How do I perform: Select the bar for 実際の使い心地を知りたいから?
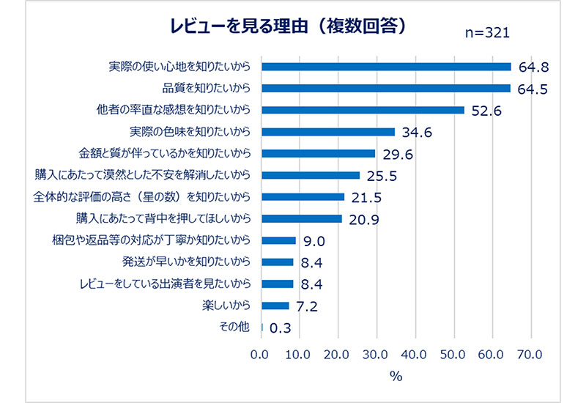click(x=386, y=67)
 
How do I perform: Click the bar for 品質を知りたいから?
click(x=386, y=89)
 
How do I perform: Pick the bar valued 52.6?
click(x=363, y=110)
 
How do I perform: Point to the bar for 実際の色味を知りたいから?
click(x=328, y=132)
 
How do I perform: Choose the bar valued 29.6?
click(x=319, y=154)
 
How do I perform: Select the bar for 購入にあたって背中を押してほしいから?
click(x=302, y=218)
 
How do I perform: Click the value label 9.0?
click(x=313, y=241)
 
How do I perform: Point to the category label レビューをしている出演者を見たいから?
click(x=168, y=284)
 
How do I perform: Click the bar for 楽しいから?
click(x=275, y=306)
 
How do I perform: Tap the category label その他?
click(x=234, y=327)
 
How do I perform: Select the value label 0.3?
click(x=281, y=328)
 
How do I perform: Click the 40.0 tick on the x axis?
click(x=415, y=355)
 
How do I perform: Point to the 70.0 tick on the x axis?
click(x=530, y=355)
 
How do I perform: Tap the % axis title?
click(x=396, y=377)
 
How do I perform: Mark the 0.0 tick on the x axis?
click(x=260, y=355)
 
